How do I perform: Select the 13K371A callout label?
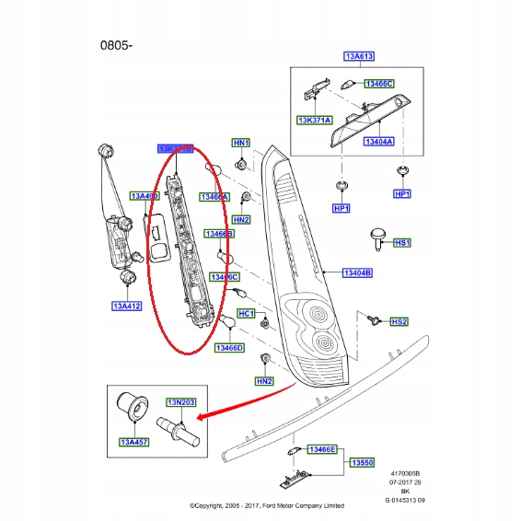[313, 121]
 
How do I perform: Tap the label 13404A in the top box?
[378, 142]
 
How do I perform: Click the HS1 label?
[400, 242]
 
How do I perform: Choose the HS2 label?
[399, 321]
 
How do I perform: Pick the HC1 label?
[246, 313]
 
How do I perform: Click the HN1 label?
[240, 143]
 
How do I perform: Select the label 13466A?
[214, 196]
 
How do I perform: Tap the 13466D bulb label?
[229, 348]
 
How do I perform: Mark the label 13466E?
[321, 449]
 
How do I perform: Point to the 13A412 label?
[127, 306]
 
